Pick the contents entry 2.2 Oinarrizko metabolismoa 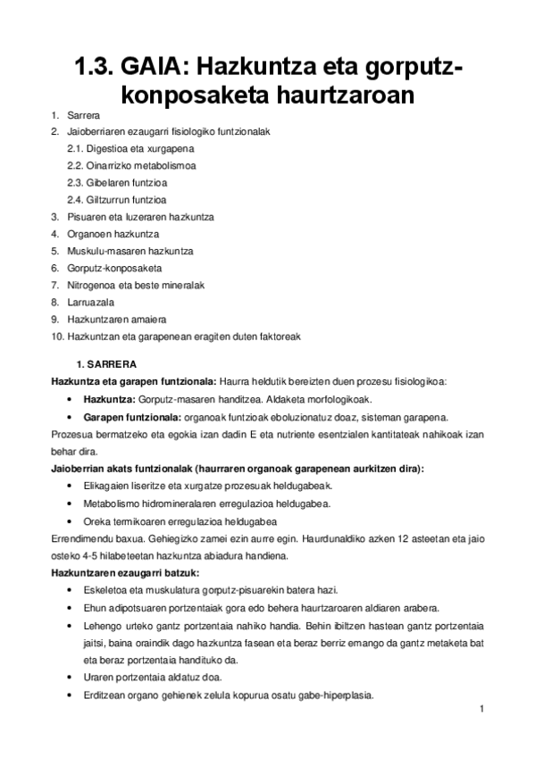point(131,165)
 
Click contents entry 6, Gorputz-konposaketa point(114,268)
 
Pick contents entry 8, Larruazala point(91,302)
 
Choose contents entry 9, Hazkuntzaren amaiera point(116,319)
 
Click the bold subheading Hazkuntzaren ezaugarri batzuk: point(125,572)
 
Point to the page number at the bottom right point(481,710)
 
